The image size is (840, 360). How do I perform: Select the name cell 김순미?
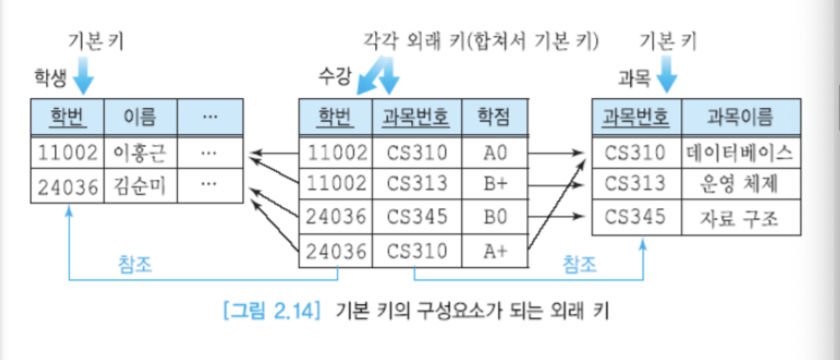[x=140, y=187]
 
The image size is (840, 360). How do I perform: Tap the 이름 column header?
[x=140, y=117]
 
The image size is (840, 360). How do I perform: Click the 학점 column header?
[x=495, y=117]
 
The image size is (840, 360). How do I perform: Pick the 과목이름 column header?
[x=740, y=117]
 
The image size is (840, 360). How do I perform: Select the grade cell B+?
[x=495, y=184]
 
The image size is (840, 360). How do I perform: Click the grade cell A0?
[x=495, y=153]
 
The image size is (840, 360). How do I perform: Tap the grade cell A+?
[x=495, y=251]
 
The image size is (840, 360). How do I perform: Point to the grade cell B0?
[x=495, y=217]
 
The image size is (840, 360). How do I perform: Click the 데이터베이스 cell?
[x=740, y=153]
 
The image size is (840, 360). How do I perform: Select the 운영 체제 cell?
[x=740, y=185]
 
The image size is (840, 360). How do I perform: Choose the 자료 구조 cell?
[x=740, y=219]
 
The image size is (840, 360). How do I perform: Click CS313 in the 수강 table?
[x=417, y=184]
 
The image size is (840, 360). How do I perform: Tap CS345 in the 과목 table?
[x=635, y=218]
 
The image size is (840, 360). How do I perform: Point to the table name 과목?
[x=634, y=79]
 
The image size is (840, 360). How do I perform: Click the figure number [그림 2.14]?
[x=272, y=311]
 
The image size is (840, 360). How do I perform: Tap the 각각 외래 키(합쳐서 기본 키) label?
[x=481, y=41]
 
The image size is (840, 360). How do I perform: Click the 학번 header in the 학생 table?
[x=67, y=117]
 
